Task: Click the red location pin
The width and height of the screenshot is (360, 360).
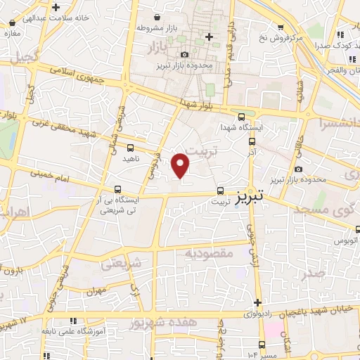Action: [181, 165]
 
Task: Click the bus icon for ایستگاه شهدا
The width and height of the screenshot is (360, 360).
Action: [242, 117]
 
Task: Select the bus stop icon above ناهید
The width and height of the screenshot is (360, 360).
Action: [130, 148]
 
